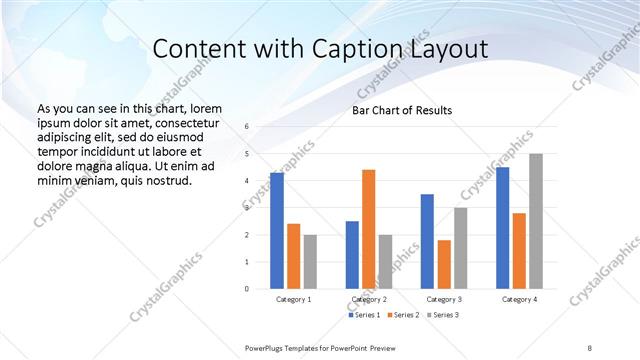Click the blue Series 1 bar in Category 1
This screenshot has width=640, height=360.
tap(277, 231)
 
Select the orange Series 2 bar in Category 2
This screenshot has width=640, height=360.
tap(368, 229)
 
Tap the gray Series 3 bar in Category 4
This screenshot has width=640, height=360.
tap(536, 221)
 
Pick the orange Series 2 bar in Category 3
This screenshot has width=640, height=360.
tap(444, 264)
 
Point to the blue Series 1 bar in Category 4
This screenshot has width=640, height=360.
tap(502, 228)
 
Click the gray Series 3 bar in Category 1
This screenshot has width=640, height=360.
tap(310, 261)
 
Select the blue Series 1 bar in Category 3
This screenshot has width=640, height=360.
tap(427, 241)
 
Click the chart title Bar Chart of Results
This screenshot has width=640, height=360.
tap(401, 110)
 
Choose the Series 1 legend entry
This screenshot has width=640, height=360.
tap(363, 315)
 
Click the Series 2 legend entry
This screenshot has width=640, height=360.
tap(402, 315)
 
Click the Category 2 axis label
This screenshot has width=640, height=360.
tap(369, 299)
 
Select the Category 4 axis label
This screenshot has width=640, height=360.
tap(519, 299)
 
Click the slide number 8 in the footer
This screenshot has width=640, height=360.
tap(590, 346)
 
